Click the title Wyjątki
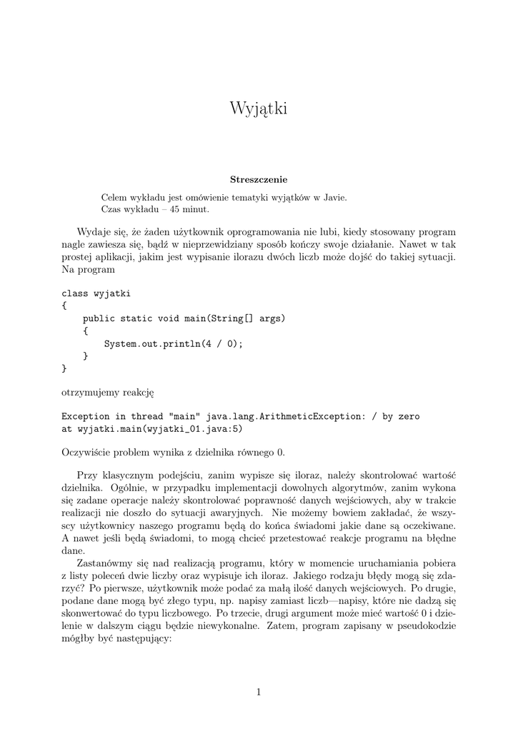(x=259, y=109)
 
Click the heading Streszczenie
(x=259, y=179)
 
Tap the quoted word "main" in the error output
(x=185, y=416)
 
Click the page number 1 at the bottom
(x=259, y=691)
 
